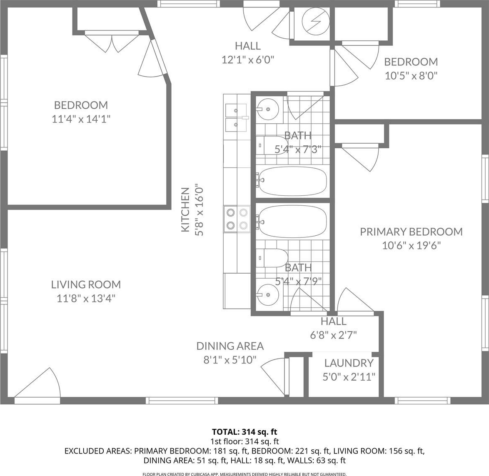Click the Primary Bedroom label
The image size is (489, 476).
tap(411, 232)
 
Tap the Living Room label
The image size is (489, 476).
tap(86, 284)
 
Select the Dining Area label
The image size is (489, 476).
tap(230, 346)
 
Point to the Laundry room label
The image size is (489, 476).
tap(349, 363)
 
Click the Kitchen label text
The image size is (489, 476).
tap(185, 209)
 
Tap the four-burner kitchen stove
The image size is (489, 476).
tap(237, 219)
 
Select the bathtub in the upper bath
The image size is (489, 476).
tap(292, 181)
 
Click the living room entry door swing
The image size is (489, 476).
tap(37, 383)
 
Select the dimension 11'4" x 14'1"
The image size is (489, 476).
tap(81, 119)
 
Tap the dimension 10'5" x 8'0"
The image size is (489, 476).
tap(411, 75)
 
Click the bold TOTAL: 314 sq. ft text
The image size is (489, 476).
tap(244, 432)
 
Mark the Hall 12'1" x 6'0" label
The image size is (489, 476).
tap(248, 53)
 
